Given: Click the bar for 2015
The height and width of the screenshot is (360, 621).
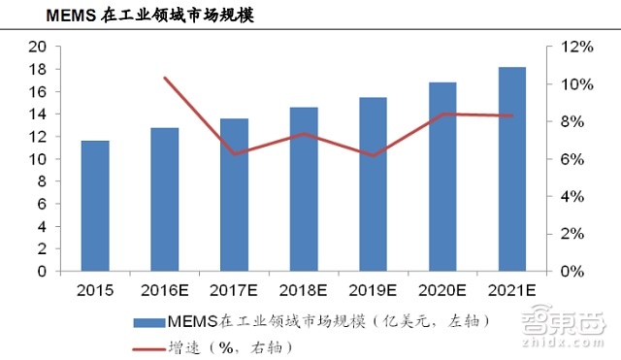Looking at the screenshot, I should tap(95, 206).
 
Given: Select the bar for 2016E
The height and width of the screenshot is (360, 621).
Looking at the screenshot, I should tap(165, 199).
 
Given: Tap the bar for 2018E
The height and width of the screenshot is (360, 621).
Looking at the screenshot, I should tap(304, 189).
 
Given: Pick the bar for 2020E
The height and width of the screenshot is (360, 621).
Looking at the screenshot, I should tap(442, 177).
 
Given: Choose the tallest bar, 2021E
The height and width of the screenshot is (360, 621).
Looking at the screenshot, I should tap(511, 169).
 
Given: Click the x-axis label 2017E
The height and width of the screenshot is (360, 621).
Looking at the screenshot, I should tap(234, 289).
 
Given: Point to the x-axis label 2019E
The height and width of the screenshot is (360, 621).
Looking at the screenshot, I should tap(373, 289).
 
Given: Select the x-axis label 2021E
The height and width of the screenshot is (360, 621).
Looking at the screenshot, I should tap(511, 289).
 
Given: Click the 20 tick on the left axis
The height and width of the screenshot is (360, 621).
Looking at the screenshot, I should tap(39, 47).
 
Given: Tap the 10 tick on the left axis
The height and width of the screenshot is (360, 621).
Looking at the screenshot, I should tap(39, 159).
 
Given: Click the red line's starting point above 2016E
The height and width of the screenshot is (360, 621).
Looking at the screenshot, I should tap(165, 78).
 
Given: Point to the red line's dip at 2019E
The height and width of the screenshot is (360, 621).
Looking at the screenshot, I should tap(373, 155).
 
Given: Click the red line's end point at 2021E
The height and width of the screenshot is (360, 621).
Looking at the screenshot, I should tap(511, 115).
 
